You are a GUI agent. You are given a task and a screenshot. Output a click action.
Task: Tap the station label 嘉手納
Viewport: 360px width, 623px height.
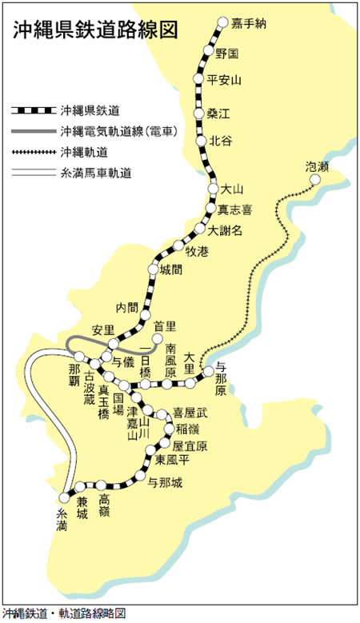[x=248, y=22]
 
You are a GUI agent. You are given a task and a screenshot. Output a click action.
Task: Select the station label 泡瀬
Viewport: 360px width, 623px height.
[x=318, y=166]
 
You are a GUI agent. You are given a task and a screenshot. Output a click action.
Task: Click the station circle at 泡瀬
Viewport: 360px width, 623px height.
[x=316, y=180]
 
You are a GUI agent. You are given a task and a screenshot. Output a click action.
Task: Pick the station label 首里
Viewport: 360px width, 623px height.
[x=165, y=325]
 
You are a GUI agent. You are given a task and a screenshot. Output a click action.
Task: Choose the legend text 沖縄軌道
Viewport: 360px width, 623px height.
[x=86, y=150]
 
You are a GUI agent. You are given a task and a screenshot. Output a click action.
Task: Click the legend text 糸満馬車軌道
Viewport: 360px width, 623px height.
[x=97, y=172]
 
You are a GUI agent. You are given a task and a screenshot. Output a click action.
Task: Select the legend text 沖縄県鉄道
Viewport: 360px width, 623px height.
[x=91, y=109]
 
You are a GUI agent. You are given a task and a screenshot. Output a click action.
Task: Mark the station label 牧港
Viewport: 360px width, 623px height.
[x=196, y=251]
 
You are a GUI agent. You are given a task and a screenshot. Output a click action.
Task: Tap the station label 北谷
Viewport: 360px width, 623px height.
[x=221, y=141]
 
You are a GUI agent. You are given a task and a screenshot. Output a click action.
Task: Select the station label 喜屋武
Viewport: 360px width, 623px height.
[x=190, y=412]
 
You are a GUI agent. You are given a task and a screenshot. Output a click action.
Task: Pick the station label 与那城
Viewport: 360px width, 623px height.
[x=166, y=482]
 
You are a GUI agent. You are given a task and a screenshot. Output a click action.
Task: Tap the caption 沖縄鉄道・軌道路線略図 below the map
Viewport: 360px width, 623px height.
[x=64, y=614]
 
